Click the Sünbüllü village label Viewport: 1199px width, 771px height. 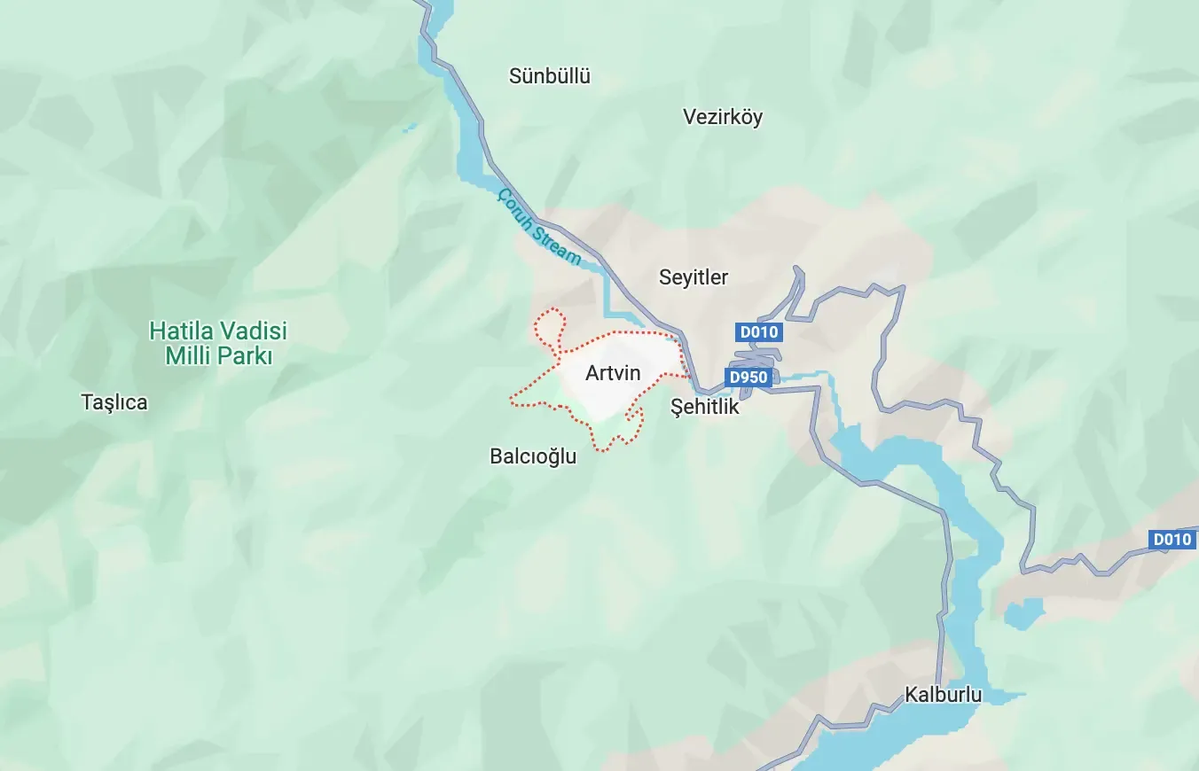549,76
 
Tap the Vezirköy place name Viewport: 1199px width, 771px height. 722,117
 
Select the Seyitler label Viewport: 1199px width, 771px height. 693,277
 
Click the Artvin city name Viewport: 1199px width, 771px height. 612,373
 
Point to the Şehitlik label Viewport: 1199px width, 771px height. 705,408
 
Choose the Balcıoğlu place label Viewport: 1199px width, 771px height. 533,456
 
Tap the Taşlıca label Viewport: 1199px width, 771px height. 114,402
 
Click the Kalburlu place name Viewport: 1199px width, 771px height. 943,695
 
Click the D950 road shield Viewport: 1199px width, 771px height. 747,378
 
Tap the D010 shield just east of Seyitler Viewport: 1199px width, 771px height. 758,332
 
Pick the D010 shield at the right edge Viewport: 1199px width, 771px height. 1172,539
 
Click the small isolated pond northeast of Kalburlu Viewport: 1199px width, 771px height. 1024,612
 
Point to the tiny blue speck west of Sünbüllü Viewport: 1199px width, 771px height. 409,128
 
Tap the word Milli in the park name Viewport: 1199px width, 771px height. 190,356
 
